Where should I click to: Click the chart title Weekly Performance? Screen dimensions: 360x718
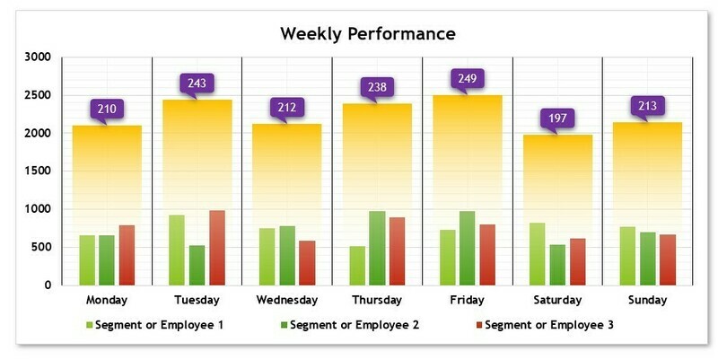pos(368,34)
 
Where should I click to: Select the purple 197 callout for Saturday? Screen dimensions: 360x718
pos(557,119)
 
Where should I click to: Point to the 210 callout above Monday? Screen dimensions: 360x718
pos(107,110)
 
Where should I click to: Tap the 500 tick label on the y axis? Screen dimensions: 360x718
pos(41,247)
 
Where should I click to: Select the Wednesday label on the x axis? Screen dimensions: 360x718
pos(286,300)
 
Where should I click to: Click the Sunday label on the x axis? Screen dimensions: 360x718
pos(647,300)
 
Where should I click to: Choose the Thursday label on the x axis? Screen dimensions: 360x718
pos(377,300)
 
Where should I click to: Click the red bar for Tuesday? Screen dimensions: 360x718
pos(217,248)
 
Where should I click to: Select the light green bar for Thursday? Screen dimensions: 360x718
pos(357,265)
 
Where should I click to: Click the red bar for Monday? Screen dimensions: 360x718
pos(127,255)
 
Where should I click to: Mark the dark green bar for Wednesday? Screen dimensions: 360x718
pos(287,255)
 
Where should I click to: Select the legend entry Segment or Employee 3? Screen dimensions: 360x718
pos(548,324)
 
